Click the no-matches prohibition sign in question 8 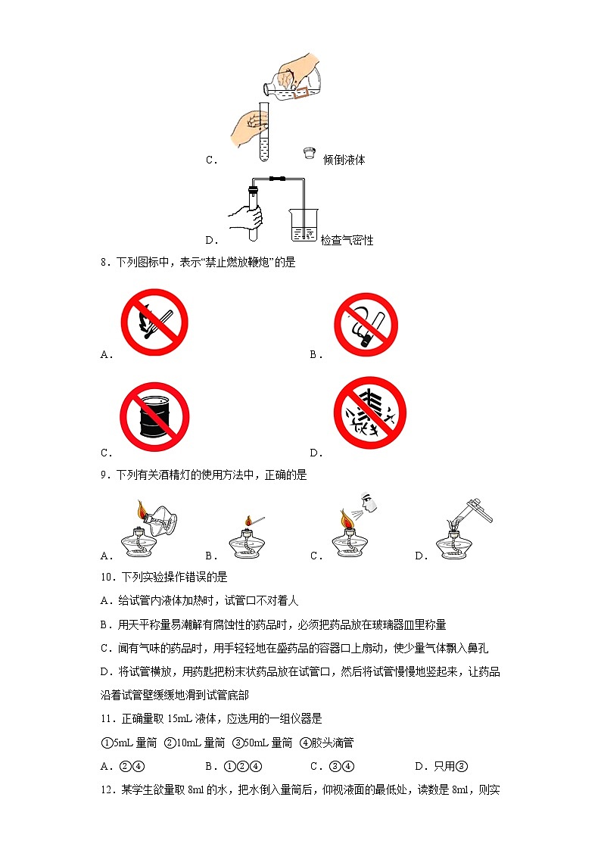point(154,322)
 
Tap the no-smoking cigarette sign point(366,325)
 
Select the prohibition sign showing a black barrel point(154,417)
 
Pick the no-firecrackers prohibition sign point(370,413)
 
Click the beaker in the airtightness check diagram point(304,225)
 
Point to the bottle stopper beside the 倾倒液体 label point(310,152)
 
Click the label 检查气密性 point(347,240)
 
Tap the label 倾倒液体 point(344,160)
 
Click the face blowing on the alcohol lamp point(369,501)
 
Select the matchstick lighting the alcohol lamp point(255,522)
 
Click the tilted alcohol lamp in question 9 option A point(158,518)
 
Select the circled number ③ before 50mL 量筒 point(238,743)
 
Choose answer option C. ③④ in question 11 point(332,767)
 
